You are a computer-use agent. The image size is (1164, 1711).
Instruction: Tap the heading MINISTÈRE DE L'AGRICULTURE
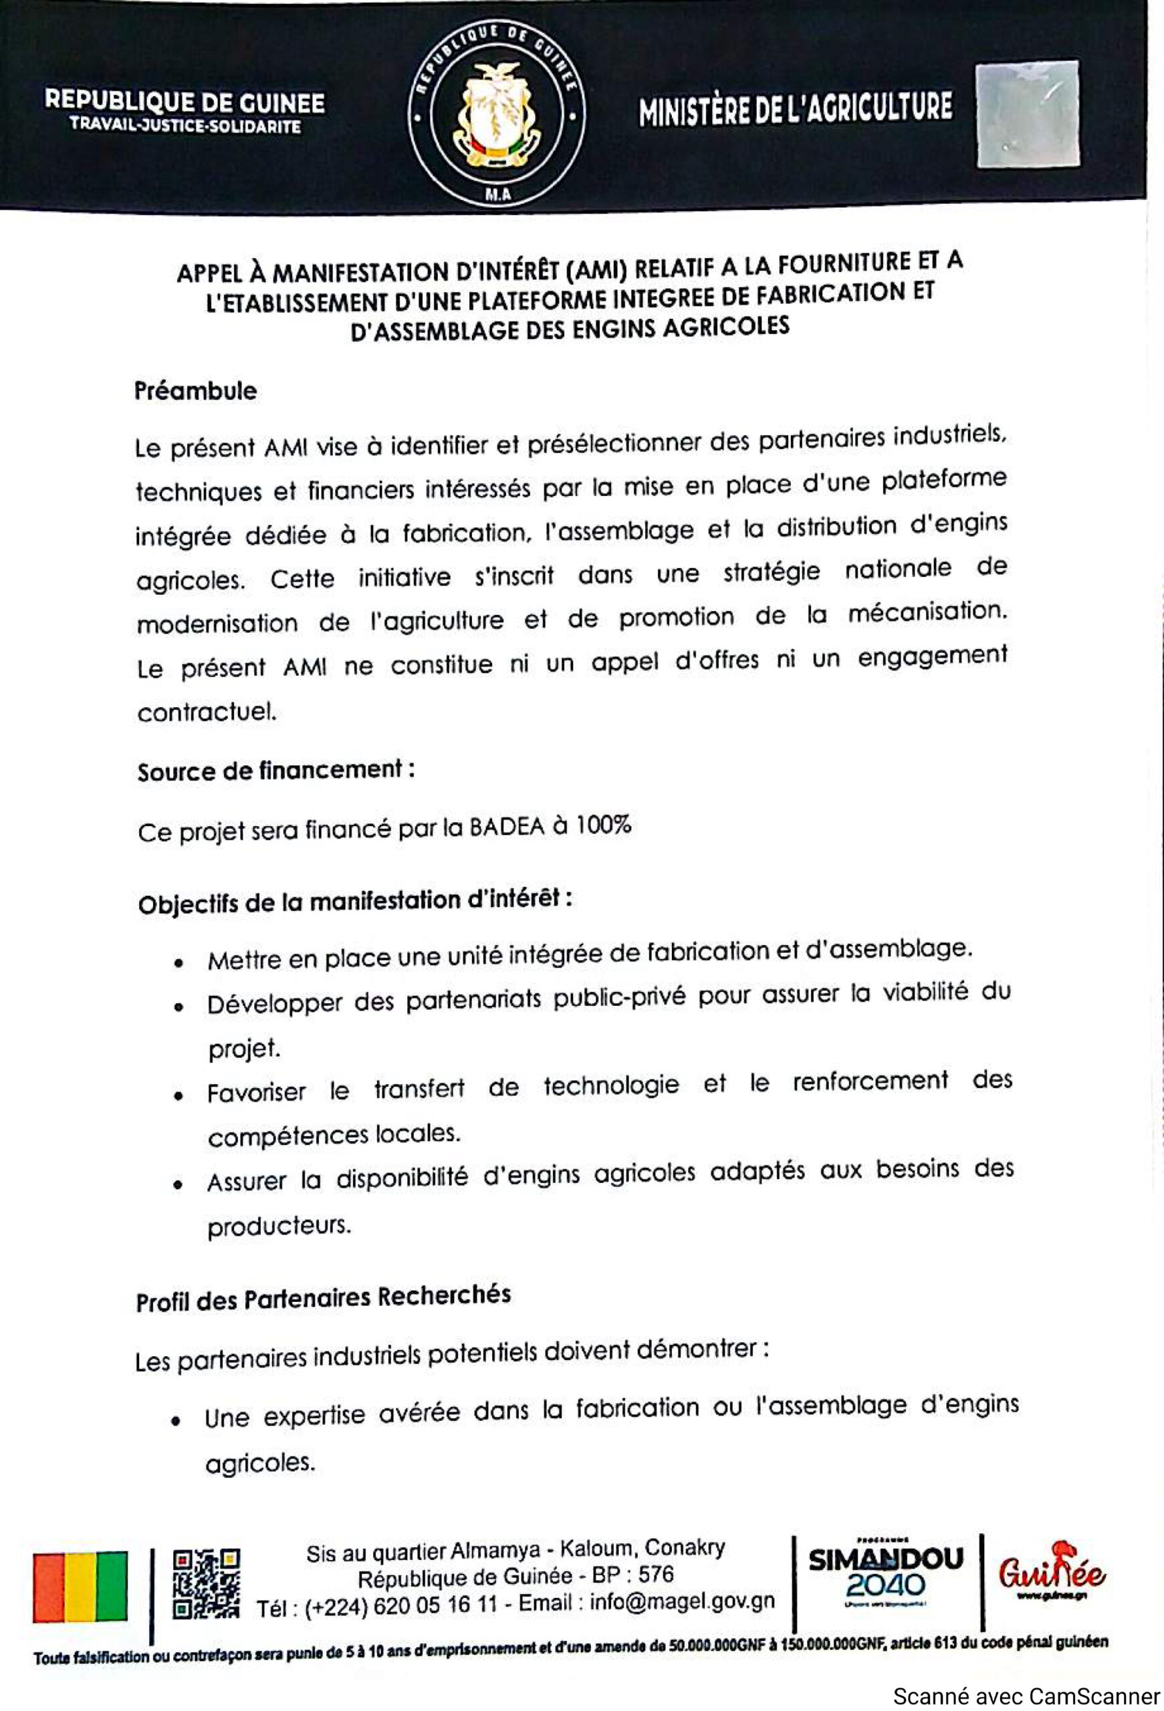(795, 108)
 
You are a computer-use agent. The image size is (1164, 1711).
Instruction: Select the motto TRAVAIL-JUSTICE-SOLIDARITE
(185, 126)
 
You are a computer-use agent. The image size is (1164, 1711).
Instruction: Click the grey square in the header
(1028, 114)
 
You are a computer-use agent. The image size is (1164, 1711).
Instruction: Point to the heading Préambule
(195, 391)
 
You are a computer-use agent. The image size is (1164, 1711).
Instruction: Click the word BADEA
(507, 827)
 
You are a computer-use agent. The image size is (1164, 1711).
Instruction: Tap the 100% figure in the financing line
(603, 825)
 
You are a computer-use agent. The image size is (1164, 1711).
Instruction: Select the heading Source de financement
(275, 771)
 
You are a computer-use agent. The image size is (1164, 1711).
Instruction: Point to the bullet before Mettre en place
(178, 963)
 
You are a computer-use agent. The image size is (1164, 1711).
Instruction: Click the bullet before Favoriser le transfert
(178, 1095)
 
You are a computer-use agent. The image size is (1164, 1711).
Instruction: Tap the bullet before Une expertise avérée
(176, 1420)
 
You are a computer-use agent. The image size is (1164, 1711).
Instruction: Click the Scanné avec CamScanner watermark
(1026, 1696)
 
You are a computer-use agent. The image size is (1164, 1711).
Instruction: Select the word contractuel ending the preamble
(207, 712)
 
